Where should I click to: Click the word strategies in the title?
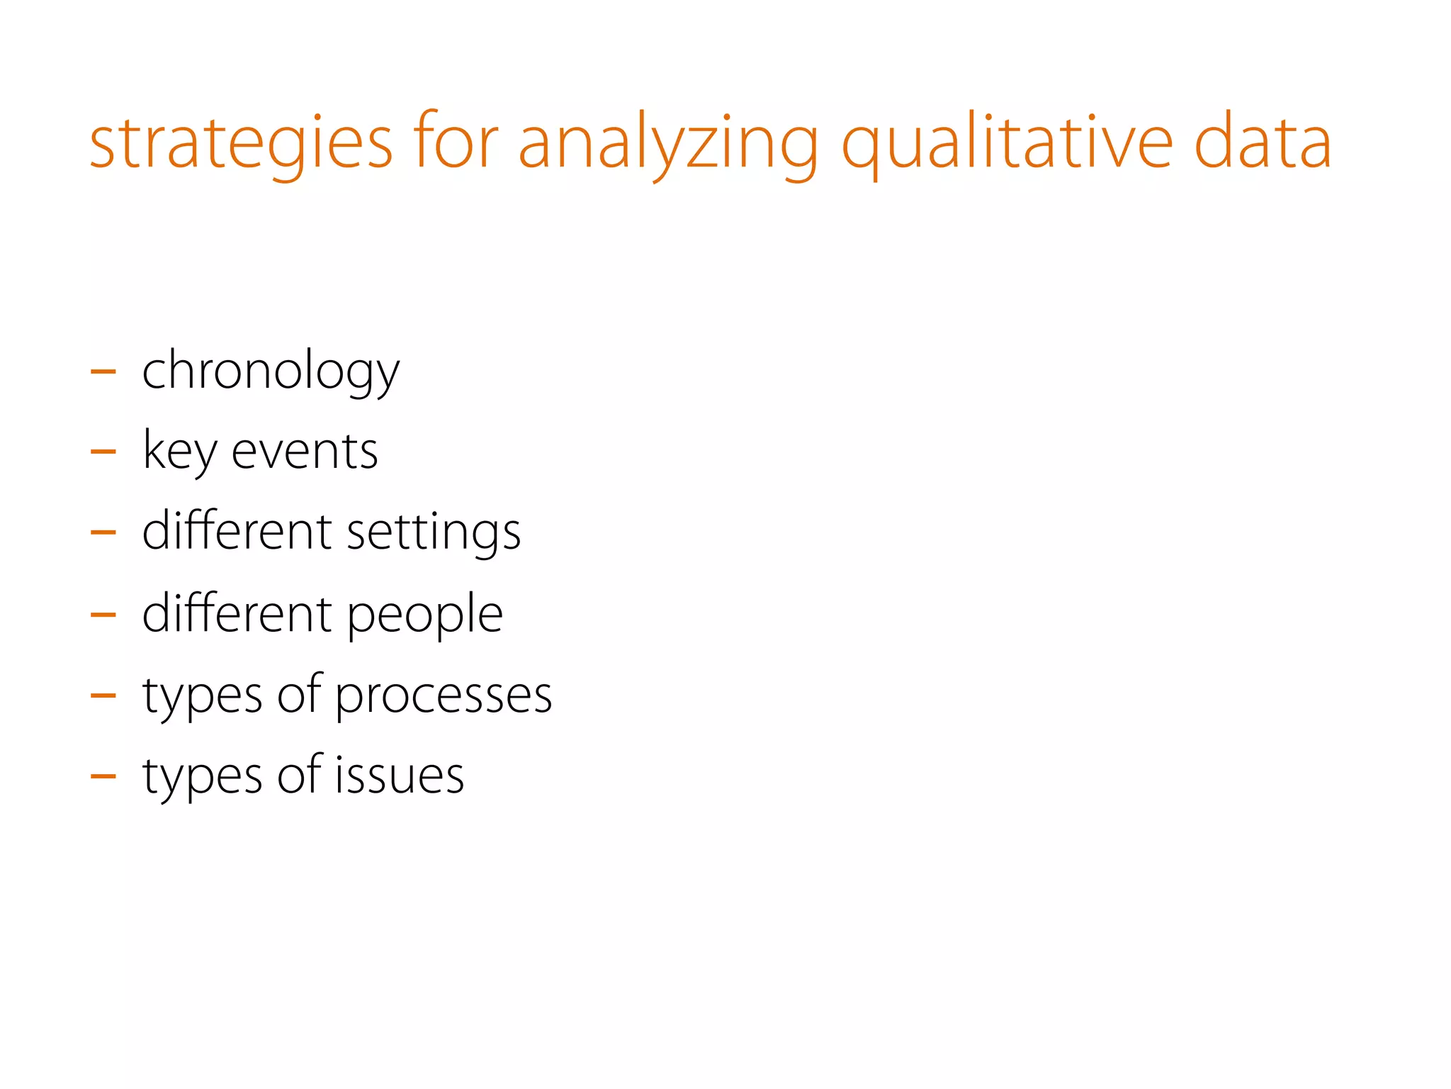(x=241, y=144)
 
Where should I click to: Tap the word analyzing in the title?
(x=668, y=144)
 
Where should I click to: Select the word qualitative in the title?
(x=1007, y=144)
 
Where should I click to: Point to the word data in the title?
(x=1263, y=144)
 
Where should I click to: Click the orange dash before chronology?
(x=103, y=371)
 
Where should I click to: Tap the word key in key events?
(x=179, y=452)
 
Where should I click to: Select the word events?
(x=305, y=452)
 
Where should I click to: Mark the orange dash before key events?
(x=103, y=451)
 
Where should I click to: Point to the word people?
(x=425, y=615)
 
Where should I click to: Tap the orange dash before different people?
(x=103, y=614)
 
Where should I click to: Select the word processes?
(x=444, y=696)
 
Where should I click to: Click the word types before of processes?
(x=203, y=696)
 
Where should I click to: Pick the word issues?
(x=400, y=775)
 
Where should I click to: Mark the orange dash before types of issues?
(x=103, y=776)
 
